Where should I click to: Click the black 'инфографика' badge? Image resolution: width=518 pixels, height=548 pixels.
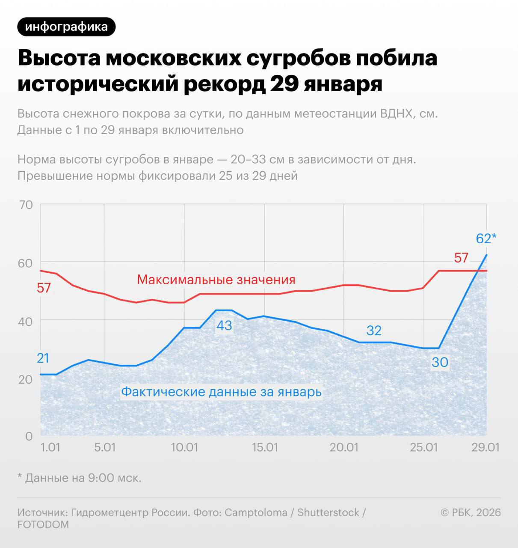point(66,27)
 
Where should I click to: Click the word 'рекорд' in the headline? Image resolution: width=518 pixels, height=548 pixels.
point(223,83)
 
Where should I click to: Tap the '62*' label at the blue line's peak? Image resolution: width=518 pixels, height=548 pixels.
point(486,238)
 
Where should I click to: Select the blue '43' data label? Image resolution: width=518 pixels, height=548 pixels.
point(224,325)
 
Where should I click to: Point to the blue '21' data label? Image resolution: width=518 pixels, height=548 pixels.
point(43,358)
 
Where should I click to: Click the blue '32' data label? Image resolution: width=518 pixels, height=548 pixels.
point(374,331)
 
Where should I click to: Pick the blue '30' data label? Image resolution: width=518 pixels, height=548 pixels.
point(440,363)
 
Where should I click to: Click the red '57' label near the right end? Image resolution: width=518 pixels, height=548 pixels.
point(461,258)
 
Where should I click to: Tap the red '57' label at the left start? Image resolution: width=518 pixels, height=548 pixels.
point(44,288)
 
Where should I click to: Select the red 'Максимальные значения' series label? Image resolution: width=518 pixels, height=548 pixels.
point(216,280)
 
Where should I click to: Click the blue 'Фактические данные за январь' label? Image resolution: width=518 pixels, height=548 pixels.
point(221,392)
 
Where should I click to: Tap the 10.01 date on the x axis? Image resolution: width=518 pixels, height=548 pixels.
point(184,447)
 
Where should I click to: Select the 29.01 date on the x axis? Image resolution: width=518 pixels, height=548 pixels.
point(485,447)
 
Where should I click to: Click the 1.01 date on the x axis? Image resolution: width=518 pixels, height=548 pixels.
point(50,447)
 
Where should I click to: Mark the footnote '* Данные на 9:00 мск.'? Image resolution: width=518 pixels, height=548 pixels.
point(79,478)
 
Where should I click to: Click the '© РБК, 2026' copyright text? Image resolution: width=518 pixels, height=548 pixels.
point(471,512)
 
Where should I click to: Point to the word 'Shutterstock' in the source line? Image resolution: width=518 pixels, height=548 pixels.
point(328,512)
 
